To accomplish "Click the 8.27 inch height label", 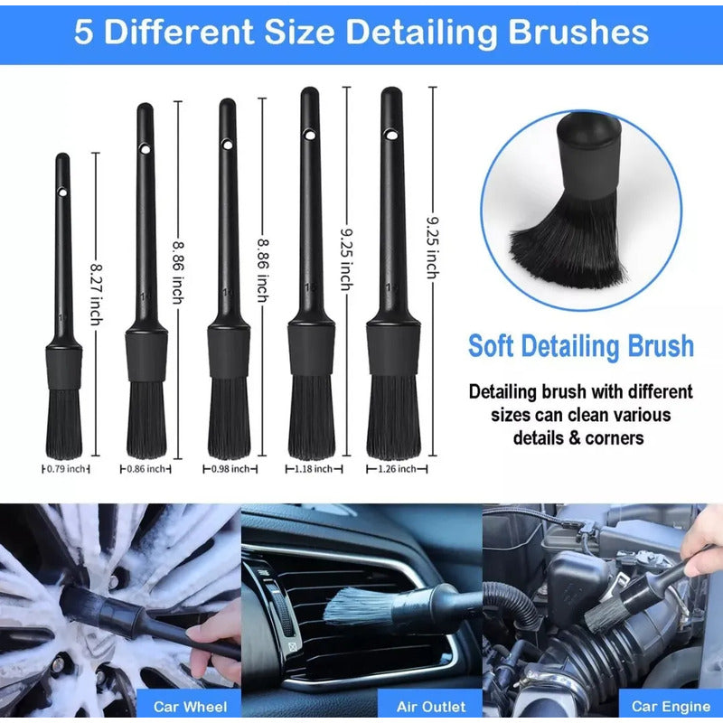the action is coord(96,295).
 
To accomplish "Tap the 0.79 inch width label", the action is coord(66,469).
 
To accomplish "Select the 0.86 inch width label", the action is coord(146,469).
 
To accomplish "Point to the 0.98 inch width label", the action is coord(230,469).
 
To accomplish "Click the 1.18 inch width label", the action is coord(314,469).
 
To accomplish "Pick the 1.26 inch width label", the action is coord(397,469).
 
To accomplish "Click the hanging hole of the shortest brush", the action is coord(62,192).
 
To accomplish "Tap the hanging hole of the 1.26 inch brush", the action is coord(391,135).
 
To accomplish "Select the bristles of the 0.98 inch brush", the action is coord(230,418).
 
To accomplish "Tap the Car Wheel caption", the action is coord(190,707).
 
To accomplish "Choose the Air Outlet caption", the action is coord(431,707).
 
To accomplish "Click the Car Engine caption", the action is coord(671,707).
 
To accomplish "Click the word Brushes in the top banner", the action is coord(578,33).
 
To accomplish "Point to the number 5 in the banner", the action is coord(83,33).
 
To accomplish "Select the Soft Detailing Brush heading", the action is coord(581,346).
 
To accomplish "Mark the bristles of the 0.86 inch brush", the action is coord(146,419).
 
